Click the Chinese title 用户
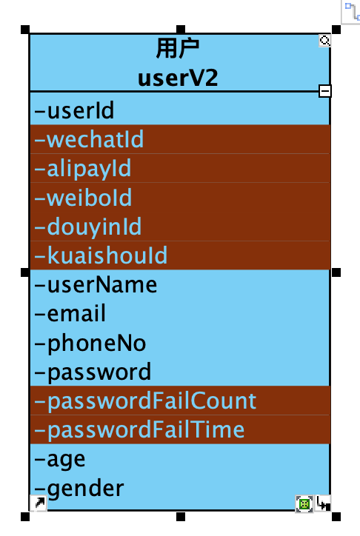point(178,49)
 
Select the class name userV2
point(178,78)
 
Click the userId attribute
point(74,110)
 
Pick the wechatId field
point(89,139)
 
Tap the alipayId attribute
point(83,169)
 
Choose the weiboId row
point(83,198)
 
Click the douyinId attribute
point(88,227)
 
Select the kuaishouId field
point(101,255)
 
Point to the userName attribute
point(96,285)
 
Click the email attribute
point(70,313)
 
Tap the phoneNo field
point(90,344)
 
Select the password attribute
point(93,372)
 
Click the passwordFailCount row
point(145,401)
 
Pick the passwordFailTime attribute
point(139,430)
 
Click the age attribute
point(60,460)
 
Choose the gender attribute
point(79,489)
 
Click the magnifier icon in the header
point(324,41)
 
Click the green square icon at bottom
point(304,504)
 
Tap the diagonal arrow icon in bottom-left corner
point(39,503)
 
